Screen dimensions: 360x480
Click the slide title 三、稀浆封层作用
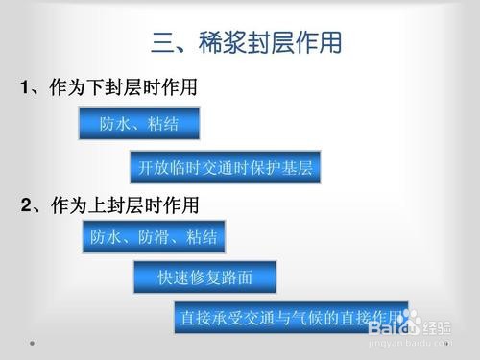pyautogui.click(x=247, y=42)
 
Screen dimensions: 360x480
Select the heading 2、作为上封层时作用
pyautogui.click(x=109, y=204)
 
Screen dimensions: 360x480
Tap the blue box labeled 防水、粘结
pyautogui.click(x=139, y=124)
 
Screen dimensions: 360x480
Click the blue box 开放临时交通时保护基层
pyautogui.click(x=225, y=168)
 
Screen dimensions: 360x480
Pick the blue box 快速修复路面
pyautogui.click(x=204, y=277)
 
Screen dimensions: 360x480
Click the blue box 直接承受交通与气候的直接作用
pyautogui.click(x=291, y=317)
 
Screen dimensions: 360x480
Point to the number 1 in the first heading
pyautogui.click(x=25, y=88)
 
